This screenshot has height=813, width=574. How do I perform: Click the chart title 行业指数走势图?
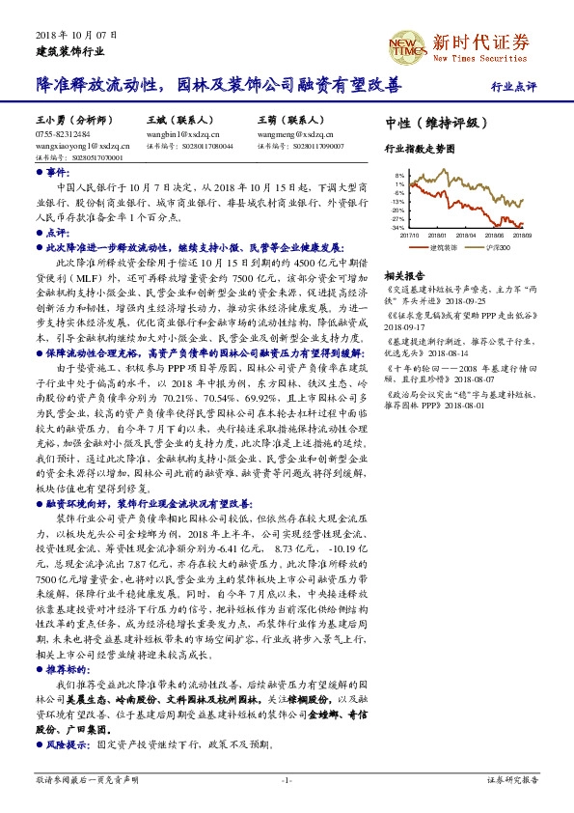point(419,150)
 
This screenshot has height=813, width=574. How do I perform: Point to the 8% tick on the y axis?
point(399,175)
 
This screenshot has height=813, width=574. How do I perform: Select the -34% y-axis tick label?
point(397,228)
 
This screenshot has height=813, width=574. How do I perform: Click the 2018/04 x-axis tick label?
point(467,234)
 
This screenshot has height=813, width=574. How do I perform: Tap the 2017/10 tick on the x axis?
point(409,234)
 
